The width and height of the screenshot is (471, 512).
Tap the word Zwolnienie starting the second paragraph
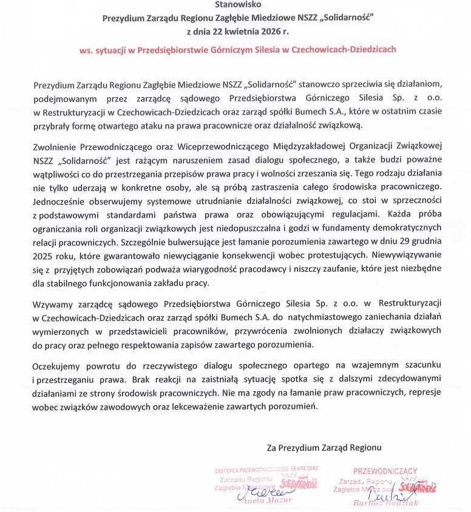tap(59, 146)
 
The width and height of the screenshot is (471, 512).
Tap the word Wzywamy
tap(53, 302)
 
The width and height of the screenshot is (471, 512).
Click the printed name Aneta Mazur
tap(267, 500)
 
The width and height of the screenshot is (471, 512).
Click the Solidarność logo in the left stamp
tap(299, 483)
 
